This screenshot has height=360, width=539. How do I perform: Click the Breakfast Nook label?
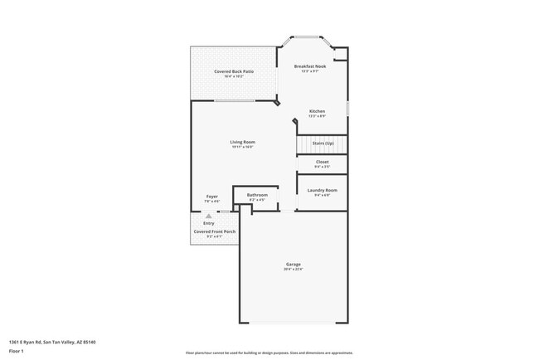[311, 66]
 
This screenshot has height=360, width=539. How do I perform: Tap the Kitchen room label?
[317, 111]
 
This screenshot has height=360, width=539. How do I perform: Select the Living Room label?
[243, 142]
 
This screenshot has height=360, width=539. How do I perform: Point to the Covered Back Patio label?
[234, 72]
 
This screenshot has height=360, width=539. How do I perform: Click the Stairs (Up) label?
[323, 144]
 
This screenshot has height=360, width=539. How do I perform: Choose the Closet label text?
[322, 162]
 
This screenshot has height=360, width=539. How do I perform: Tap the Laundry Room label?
[322, 190]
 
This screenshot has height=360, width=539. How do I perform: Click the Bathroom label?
[257, 195]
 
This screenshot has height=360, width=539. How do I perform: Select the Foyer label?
[212, 196]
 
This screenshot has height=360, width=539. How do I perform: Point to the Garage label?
[294, 264]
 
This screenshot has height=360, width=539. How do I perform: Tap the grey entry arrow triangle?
[197, 216]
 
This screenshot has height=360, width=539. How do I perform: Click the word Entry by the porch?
[208, 222]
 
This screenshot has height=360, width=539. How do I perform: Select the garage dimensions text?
[294, 270]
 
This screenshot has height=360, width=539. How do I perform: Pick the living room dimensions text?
[243, 147]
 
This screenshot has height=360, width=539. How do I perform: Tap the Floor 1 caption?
[16, 351]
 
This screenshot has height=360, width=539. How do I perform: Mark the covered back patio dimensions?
[234, 77]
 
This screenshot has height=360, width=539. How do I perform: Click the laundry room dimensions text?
[322, 195]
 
